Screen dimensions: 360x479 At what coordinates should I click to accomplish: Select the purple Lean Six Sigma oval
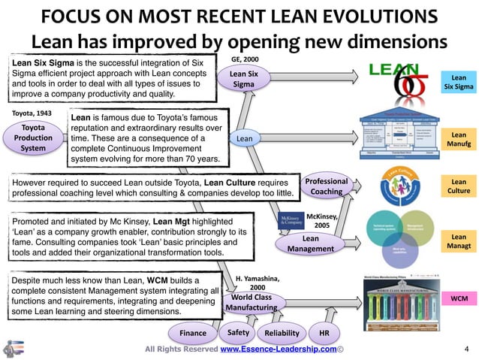(243, 80)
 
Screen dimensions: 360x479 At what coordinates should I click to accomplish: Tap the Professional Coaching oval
(327, 186)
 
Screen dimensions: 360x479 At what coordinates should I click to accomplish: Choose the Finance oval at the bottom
(193, 333)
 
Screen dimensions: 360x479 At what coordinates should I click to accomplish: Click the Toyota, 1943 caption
(33, 113)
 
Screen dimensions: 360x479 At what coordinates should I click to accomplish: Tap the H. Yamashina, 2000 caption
(258, 282)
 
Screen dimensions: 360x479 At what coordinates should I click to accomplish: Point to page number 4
(465, 349)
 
